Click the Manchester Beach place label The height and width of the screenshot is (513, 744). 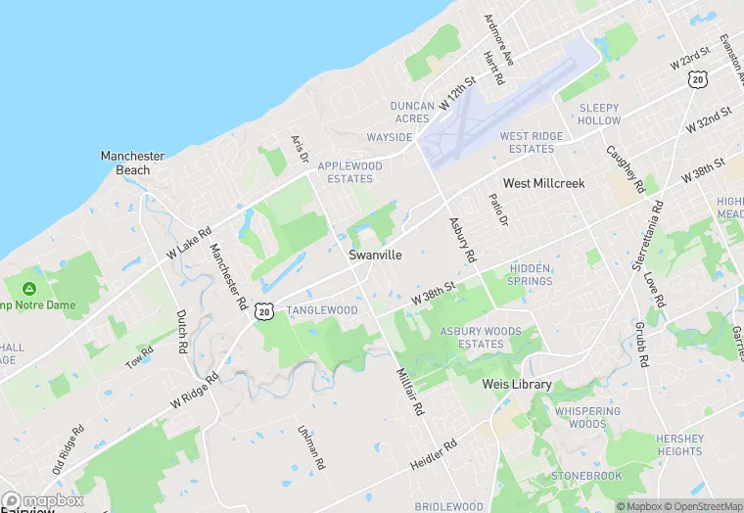coord(132,163)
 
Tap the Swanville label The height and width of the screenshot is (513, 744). coord(375,255)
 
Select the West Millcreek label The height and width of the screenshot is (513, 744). coord(543,184)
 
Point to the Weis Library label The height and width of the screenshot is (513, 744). coord(517,385)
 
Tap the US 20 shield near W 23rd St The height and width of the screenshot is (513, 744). coord(697,79)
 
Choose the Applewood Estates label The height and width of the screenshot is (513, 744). coord(350,172)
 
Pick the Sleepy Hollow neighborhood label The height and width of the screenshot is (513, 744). coord(599,114)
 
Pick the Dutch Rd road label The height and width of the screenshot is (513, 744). coord(181,332)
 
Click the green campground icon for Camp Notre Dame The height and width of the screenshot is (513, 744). coord(29,289)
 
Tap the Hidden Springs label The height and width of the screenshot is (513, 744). coord(531,274)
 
